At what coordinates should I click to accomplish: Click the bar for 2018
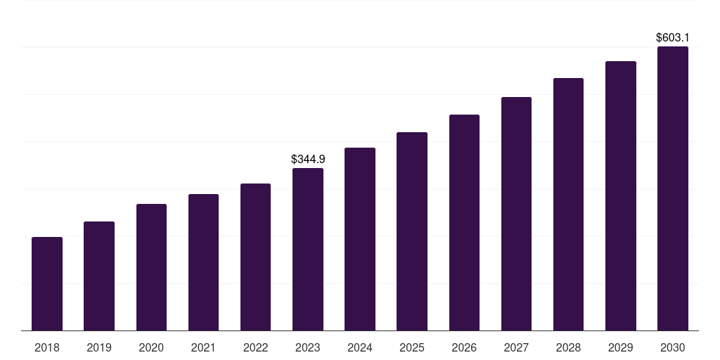(47, 284)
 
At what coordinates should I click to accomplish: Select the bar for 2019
(99, 276)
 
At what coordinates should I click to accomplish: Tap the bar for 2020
(151, 267)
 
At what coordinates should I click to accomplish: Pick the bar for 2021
(203, 262)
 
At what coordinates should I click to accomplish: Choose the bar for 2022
(255, 257)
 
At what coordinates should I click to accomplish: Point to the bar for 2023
(308, 250)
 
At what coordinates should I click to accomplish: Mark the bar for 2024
(360, 239)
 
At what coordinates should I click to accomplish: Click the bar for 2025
(412, 231)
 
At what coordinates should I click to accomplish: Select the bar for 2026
(464, 223)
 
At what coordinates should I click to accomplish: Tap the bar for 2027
(516, 214)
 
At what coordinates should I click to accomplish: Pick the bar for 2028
(568, 205)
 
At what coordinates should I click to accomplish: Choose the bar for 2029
(621, 196)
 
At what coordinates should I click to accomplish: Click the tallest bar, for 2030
(673, 188)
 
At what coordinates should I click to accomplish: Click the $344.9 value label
(308, 160)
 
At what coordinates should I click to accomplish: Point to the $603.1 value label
(673, 38)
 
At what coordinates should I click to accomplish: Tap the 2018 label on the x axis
(47, 347)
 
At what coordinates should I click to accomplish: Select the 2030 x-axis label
(673, 347)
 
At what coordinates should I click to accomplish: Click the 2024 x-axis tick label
(360, 347)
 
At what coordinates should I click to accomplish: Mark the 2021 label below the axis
(203, 347)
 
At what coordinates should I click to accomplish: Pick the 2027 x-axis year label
(516, 347)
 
